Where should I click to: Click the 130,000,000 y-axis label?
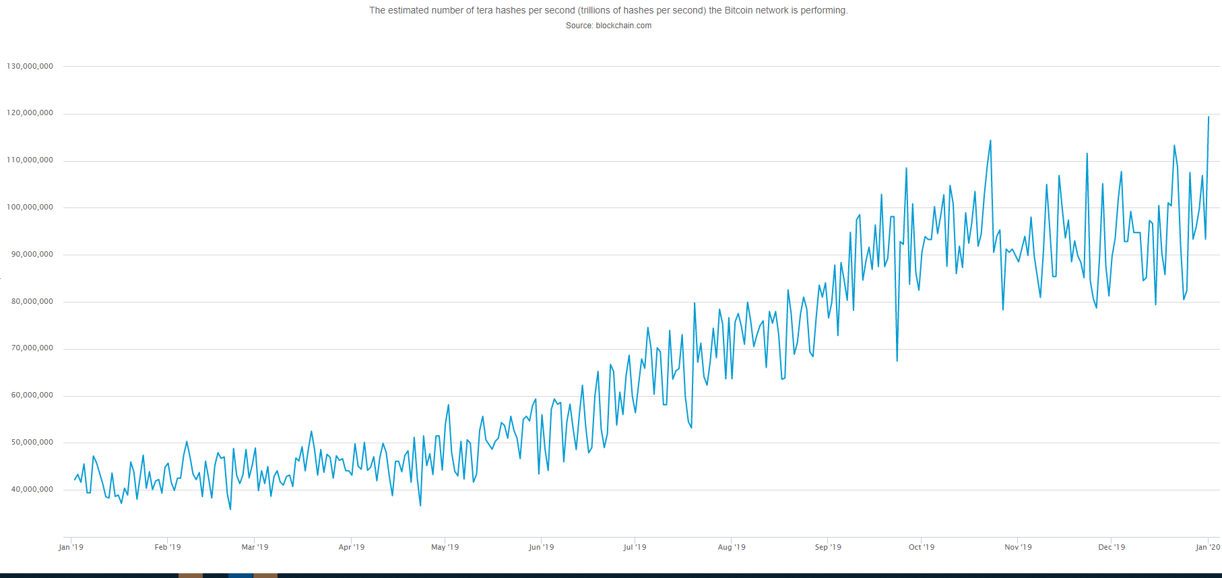pos(30,66)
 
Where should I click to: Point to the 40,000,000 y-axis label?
pos(32,490)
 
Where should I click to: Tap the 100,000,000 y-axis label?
pos(30,207)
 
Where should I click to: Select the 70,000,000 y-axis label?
pos(32,348)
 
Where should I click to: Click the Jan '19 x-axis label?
pos(71,547)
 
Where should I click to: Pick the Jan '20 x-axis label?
pos(1208,547)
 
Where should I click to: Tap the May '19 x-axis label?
pos(445,547)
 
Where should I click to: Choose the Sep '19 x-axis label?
pos(828,547)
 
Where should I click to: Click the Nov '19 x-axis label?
pos(1018,547)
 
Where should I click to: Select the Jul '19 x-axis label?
pos(635,547)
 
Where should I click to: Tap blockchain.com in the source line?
pos(623,26)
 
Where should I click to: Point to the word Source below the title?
pos(579,26)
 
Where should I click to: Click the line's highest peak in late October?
pos(990,141)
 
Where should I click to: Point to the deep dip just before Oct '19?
pos(897,360)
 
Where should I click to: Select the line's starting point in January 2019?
pos(75,480)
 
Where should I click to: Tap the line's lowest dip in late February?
pos(230,509)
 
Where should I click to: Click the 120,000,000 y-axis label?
pos(30,113)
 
